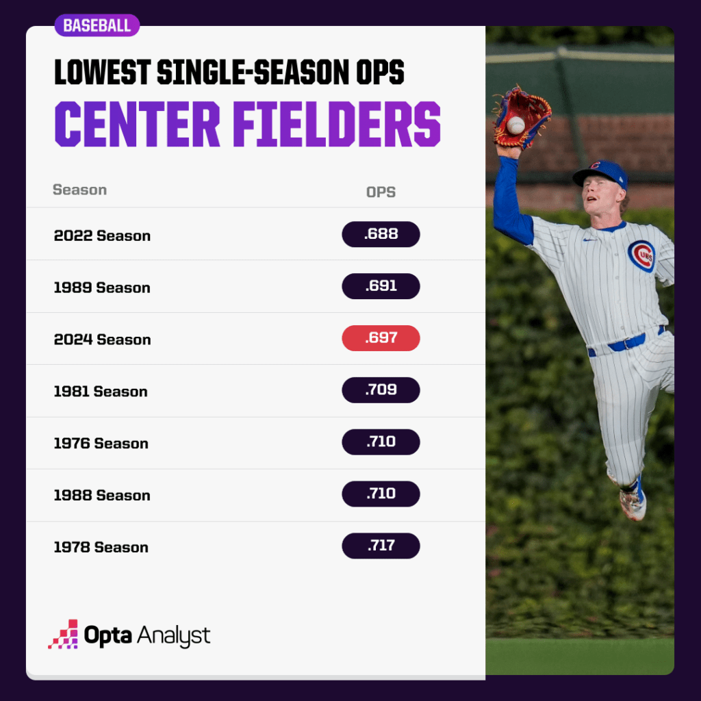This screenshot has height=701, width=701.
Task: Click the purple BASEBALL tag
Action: click(x=97, y=26)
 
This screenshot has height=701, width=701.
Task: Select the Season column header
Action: click(x=79, y=190)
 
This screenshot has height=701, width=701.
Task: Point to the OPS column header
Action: click(x=381, y=192)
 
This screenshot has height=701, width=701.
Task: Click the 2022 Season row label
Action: click(x=102, y=235)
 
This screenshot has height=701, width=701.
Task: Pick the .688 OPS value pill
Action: click(x=381, y=234)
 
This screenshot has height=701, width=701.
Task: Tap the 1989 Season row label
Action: click(x=102, y=288)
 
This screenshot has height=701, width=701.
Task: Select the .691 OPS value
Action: click(x=381, y=286)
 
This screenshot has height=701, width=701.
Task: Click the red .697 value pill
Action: click(x=381, y=338)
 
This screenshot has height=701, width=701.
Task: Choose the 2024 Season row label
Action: click(x=102, y=340)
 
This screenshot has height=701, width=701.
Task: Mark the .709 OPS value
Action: click(x=381, y=390)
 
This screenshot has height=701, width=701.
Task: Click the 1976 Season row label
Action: click(x=101, y=444)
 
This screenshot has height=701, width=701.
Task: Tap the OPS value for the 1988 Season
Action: click(x=381, y=494)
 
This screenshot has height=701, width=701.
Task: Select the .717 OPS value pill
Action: click(x=381, y=546)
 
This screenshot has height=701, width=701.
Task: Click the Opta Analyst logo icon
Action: click(x=63, y=635)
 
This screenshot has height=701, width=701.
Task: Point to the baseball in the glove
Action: click(x=515, y=125)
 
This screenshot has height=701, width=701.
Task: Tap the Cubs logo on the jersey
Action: click(x=641, y=256)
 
